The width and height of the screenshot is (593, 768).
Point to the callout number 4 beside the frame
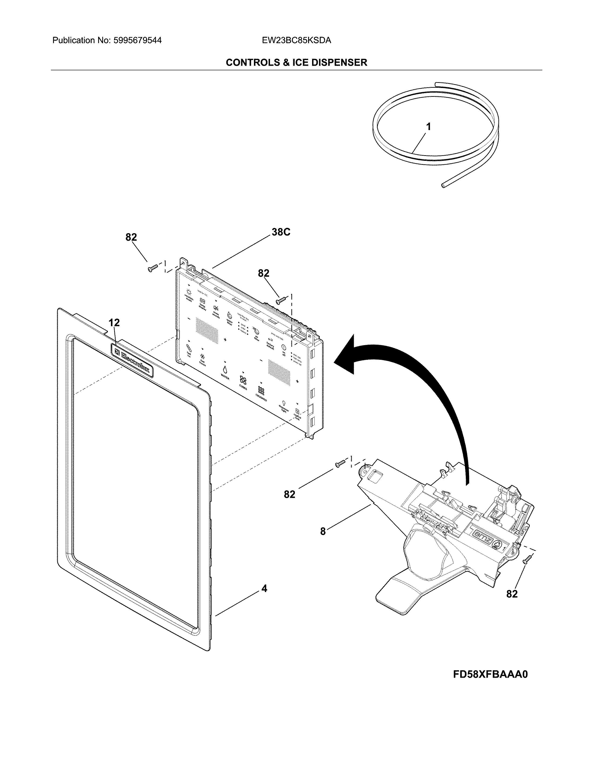point(264,588)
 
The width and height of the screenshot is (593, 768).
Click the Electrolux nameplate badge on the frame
point(132,360)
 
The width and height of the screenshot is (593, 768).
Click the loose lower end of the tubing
point(444,185)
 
